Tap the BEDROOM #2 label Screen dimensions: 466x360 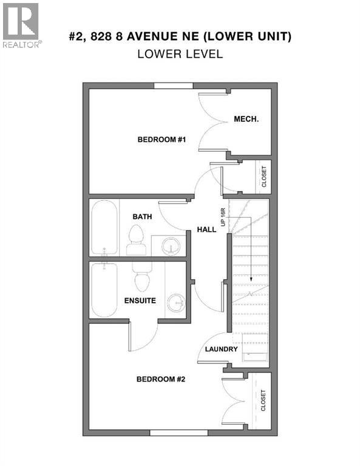[160, 379]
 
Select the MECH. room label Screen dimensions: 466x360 [246, 119]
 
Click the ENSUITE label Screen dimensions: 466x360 [140, 300]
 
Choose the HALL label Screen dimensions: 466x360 [205, 229]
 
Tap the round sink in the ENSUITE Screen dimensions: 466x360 [175, 301]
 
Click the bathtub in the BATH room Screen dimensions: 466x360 [105, 229]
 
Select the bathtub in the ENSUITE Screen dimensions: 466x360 [105, 290]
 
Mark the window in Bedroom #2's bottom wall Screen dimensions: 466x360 [178, 433]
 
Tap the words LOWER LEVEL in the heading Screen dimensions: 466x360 [180, 53]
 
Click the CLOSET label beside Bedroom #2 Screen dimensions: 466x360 [263, 400]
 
